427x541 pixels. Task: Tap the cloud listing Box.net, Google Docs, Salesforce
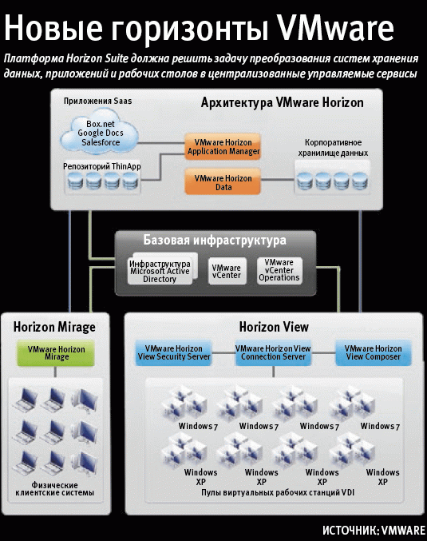coord(103,133)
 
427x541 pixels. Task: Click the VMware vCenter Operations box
coord(279,270)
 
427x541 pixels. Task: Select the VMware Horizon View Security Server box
coord(173,353)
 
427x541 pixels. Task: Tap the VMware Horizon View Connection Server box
coord(273,353)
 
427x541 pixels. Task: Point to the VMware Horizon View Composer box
coord(372,353)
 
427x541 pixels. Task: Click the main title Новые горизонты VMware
coord(200,29)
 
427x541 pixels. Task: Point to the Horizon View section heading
coord(274,327)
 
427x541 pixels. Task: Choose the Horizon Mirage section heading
coord(54,327)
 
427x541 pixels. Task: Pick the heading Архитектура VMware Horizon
coord(281,102)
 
